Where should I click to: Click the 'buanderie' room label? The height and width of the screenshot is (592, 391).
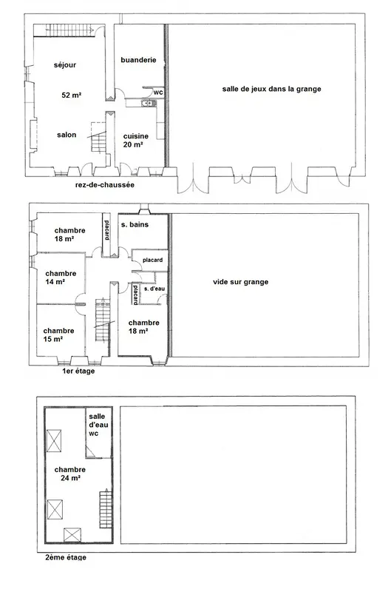[138, 60]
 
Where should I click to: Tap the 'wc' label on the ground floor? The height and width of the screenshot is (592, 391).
[158, 92]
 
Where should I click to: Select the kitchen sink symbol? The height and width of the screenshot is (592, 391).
[149, 102]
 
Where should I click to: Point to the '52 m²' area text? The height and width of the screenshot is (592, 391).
[72, 95]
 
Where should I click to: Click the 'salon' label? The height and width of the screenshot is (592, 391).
[67, 135]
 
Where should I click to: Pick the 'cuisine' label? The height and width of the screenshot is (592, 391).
[136, 136]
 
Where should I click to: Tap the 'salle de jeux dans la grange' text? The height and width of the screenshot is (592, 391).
[271, 89]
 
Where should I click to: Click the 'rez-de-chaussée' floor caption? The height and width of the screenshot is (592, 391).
[105, 185]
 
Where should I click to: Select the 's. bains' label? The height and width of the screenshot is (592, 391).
[135, 225]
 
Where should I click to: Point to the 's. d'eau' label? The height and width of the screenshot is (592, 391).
[154, 289]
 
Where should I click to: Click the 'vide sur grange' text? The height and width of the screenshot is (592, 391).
[240, 282]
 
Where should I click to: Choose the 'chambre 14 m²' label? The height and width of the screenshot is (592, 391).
[61, 277]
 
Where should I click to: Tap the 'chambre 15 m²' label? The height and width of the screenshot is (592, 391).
[58, 335]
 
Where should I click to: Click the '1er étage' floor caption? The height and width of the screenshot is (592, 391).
[78, 371]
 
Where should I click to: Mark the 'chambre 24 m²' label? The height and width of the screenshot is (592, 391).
[70, 474]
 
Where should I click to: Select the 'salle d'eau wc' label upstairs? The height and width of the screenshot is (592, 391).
[98, 425]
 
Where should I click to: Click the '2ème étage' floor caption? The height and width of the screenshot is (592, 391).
[66, 557]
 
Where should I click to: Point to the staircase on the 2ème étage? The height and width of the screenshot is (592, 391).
[106, 508]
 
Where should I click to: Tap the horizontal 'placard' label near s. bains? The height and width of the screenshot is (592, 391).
[153, 260]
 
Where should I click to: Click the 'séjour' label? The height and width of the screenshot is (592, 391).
[65, 65]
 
